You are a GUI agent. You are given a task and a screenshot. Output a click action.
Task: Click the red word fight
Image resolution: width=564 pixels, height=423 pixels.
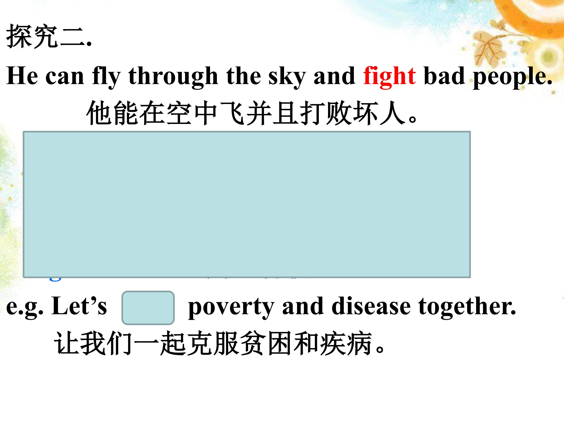[x=389, y=76]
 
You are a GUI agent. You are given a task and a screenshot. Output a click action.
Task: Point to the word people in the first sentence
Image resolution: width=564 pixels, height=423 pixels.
[x=512, y=76]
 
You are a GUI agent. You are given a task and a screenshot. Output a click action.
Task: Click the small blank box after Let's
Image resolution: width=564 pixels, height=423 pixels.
[x=148, y=308]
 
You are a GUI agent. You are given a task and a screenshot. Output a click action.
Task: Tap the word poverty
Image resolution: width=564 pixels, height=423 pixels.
[x=231, y=307]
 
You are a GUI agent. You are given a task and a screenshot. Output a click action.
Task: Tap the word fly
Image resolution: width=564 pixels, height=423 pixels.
[x=106, y=76]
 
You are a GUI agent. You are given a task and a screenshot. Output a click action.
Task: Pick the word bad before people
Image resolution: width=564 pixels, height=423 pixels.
[x=444, y=76]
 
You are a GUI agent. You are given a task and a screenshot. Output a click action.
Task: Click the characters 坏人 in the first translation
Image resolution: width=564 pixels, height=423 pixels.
[x=379, y=113]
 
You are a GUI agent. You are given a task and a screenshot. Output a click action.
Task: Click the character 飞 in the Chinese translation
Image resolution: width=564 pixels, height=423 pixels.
[x=232, y=113]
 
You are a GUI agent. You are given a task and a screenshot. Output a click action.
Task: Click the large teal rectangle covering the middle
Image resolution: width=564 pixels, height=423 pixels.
[x=247, y=204]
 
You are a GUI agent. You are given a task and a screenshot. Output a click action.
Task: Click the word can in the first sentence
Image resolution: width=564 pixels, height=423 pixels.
[x=64, y=76]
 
